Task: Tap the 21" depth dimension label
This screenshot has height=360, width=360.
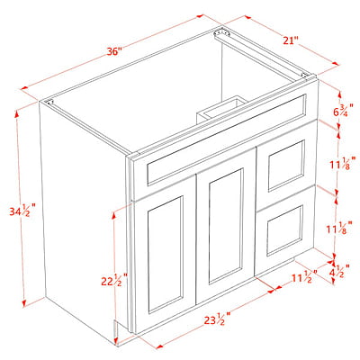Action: coord(291,40)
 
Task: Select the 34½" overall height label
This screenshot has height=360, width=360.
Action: coord(22,211)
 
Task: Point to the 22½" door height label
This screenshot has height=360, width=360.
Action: coord(114,280)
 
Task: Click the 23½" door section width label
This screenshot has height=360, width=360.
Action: coord(217,319)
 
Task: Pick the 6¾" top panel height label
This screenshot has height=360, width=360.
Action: coord(343,110)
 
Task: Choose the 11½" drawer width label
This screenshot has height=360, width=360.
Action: coord(305,277)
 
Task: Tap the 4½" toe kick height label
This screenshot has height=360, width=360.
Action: coord(340,271)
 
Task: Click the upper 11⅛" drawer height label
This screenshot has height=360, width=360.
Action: coord(343,163)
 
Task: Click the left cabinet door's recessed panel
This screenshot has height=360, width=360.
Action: coord(166,255)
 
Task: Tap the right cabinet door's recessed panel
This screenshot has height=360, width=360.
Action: coord(226,227)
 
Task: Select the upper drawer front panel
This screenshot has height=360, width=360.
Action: coord(286,166)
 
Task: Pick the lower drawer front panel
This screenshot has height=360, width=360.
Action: coord(284,230)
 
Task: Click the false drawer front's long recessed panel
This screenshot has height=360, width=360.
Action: coord(227,139)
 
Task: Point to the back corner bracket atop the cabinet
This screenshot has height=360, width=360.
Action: coord(221,32)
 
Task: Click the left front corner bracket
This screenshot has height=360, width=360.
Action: coord(49,102)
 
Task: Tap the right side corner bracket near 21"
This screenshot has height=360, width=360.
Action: coord(305,75)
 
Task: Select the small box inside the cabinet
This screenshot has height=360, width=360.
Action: coord(222,109)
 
